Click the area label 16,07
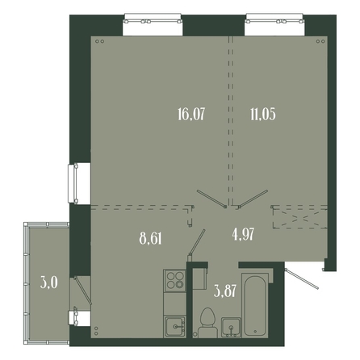[191, 114]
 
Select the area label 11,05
[263, 114]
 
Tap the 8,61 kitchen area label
[151, 238]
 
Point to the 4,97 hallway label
[243, 234]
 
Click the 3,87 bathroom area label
[225, 291]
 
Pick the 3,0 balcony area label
[49, 283]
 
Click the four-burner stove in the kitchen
[175, 280]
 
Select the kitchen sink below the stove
[175, 326]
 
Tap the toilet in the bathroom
[207, 323]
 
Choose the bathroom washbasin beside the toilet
[231, 327]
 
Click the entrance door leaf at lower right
[302, 278]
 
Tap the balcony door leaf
[83, 291]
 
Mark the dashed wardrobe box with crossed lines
[300, 218]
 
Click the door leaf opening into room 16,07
[211, 199]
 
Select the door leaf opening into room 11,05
[253, 199]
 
